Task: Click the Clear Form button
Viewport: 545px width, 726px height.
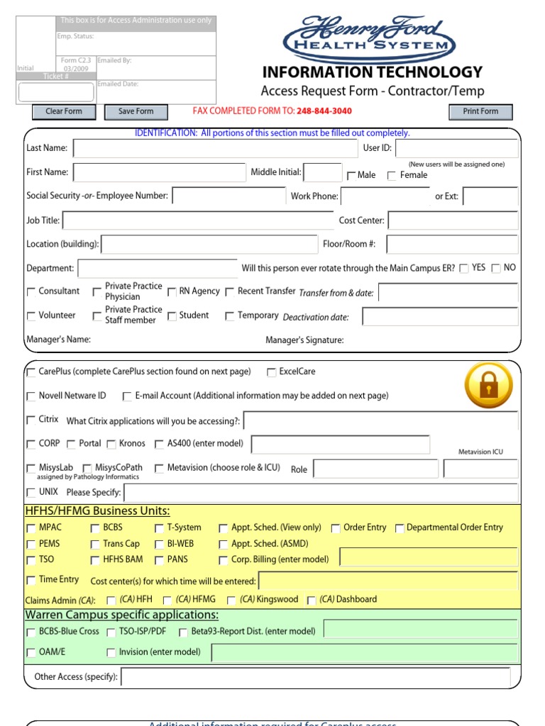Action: tap(64, 111)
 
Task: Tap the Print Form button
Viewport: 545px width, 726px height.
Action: tap(480, 111)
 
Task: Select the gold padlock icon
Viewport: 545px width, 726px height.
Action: tap(488, 385)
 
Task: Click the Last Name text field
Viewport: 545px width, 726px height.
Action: tap(216, 148)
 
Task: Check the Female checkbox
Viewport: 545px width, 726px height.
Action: tap(392, 176)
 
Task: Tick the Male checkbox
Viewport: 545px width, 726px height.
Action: tap(351, 176)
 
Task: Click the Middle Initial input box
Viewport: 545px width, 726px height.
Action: tap(323, 172)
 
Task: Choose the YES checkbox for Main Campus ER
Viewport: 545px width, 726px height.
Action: tap(464, 268)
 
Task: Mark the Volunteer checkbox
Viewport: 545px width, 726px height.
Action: tap(31, 316)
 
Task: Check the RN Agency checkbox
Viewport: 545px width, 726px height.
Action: tap(172, 291)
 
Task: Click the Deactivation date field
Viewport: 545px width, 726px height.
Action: tap(440, 316)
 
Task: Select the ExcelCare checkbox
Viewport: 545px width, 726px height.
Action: tap(272, 372)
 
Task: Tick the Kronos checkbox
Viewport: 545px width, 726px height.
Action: tap(112, 445)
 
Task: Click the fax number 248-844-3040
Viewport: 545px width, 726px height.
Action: tap(324, 111)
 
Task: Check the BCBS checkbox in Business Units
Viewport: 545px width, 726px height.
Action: tap(96, 528)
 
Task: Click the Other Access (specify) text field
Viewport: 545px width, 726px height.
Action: tap(316, 677)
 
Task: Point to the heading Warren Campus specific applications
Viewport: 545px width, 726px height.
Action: tap(122, 615)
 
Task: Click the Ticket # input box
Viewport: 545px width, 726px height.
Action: tap(56, 92)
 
